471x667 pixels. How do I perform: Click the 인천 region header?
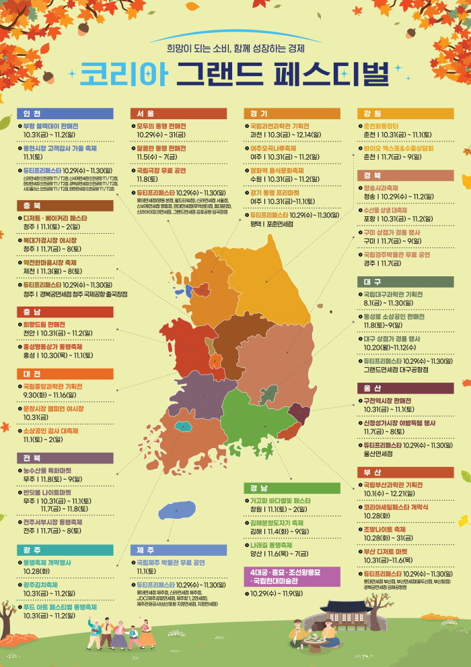(32, 113)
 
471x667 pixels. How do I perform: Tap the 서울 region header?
(146, 113)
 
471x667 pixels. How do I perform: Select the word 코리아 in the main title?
(123, 75)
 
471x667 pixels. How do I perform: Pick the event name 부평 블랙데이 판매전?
(50, 126)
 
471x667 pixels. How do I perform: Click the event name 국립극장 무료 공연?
(161, 171)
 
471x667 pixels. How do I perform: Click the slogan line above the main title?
(236, 48)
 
